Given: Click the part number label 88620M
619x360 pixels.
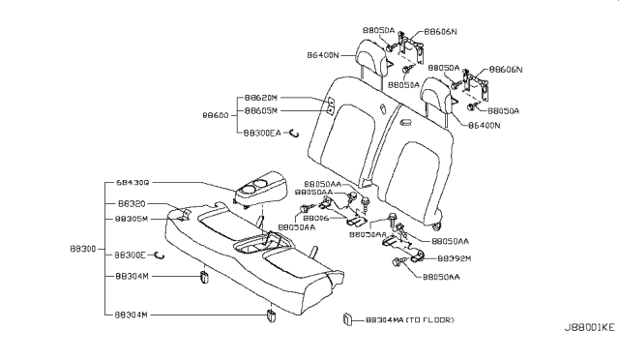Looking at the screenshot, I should (261, 98).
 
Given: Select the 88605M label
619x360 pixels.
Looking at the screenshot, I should (261, 112).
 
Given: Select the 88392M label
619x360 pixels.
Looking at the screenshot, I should (454, 259).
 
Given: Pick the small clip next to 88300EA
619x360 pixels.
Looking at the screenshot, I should (298, 134).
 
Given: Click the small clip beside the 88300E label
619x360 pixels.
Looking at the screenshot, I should (160, 255).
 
